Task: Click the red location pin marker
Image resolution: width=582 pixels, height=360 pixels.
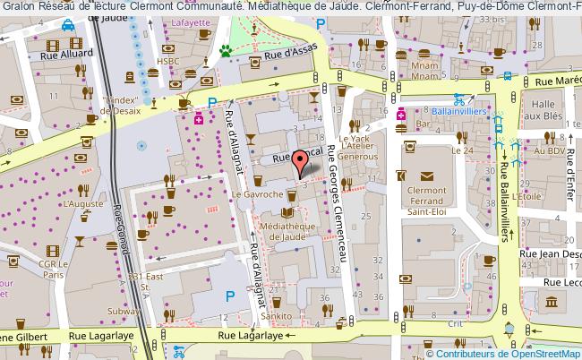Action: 302,162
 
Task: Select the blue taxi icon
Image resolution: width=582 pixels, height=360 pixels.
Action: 68,28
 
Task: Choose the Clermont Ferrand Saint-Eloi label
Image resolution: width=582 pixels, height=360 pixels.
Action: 427,202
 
